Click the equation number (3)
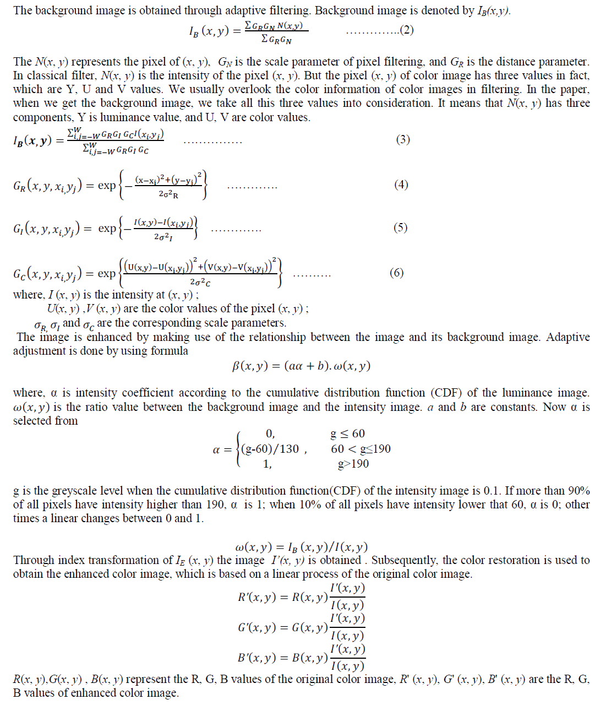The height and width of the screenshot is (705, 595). coord(403,139)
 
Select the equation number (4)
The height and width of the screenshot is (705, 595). coord(401,185)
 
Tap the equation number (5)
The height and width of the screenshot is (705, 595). coord(401,227)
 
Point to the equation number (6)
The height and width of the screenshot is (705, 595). coord(396,273)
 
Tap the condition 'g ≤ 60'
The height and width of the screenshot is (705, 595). coord(347,434)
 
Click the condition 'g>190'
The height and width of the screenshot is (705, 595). coord(353,464)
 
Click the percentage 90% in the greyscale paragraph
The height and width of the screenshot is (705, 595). coord(578,491)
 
